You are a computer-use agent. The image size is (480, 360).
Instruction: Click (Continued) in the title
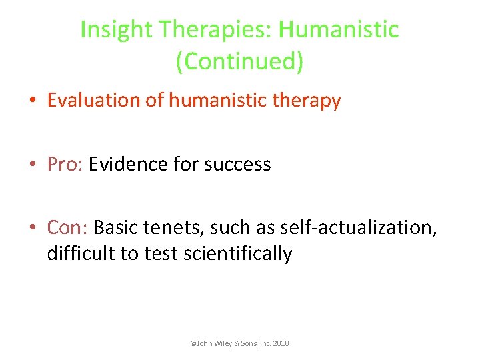[x=239, y=61]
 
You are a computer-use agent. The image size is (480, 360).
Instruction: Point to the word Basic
[x=116, y=227]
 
